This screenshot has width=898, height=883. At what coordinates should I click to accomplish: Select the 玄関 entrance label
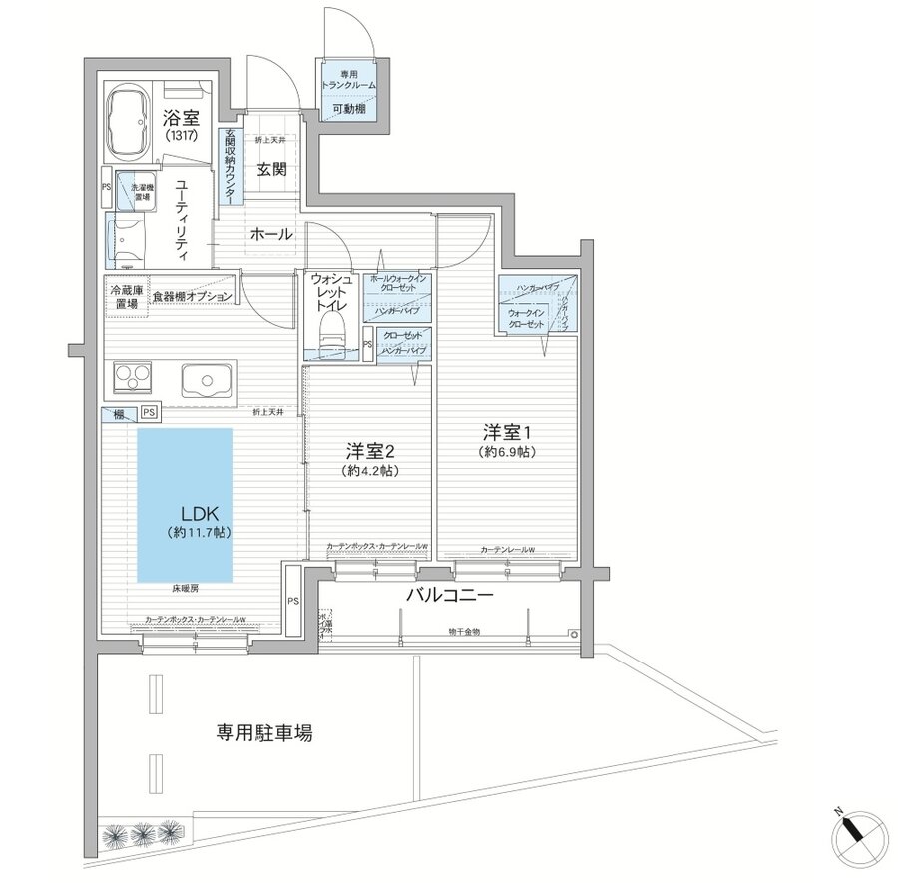pyautogui.click(x=272, y=169)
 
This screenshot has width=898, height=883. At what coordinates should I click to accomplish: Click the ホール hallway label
pyautogui.click(x=270, y=235)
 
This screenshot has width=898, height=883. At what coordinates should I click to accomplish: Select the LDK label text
pyautogui.click(x=200, y=514)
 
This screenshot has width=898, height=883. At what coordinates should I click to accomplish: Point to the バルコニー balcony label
pyautogui.click(x=450, y=596)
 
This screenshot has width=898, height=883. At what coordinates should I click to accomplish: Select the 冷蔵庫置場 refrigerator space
pyautogui.click(x=125, y=296)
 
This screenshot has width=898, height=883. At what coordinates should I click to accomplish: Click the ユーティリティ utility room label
pyautogui.click(x=182, y=215)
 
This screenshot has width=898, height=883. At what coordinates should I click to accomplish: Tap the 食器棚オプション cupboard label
pyautogui.click(x=193, y=297)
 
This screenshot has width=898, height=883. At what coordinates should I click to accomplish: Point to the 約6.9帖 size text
pyautogui.click(x=509, y=452)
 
